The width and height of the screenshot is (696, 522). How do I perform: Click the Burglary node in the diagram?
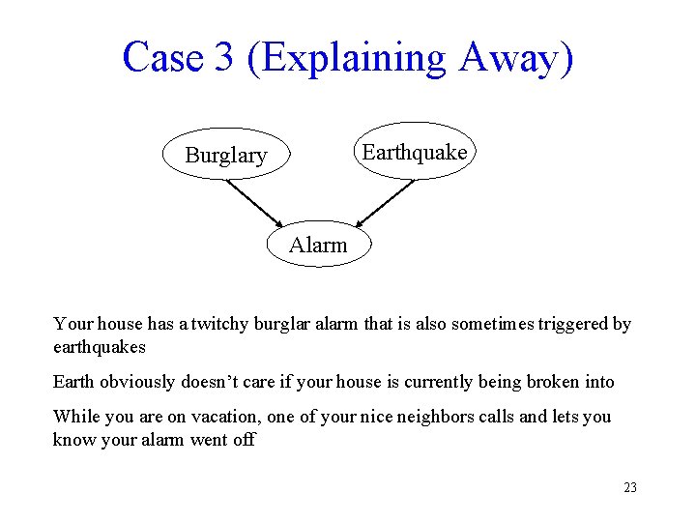[226, 155]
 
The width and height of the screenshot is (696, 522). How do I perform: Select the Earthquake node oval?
[414, 152]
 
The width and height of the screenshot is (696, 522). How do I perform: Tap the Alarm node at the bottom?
[318, 246]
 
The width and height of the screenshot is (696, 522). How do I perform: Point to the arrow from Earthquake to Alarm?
[385, 202]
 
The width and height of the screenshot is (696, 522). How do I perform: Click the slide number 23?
[630, 487]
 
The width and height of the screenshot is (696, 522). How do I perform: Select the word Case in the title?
[163, 57]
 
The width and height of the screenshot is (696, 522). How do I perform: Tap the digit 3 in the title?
[224, 57]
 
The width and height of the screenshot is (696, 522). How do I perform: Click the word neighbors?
[476, 417]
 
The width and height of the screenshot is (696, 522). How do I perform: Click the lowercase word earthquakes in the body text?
[100, 346]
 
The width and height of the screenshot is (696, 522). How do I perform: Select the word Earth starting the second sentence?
[74, 382]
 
